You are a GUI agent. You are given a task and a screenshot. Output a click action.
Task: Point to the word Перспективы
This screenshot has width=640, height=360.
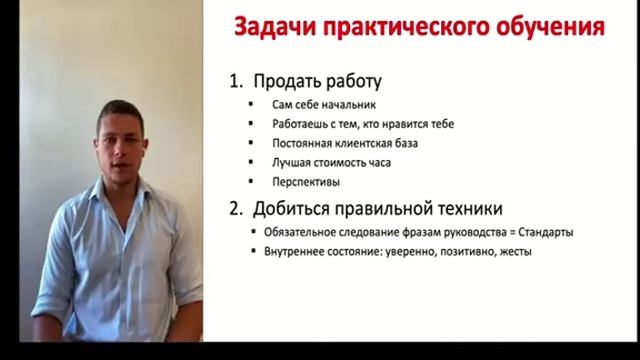pyautogui.click(x=306, y=182)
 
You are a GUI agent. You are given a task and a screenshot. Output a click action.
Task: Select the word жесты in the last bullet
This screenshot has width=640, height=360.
pyautogui.click(x=514, y=252)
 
